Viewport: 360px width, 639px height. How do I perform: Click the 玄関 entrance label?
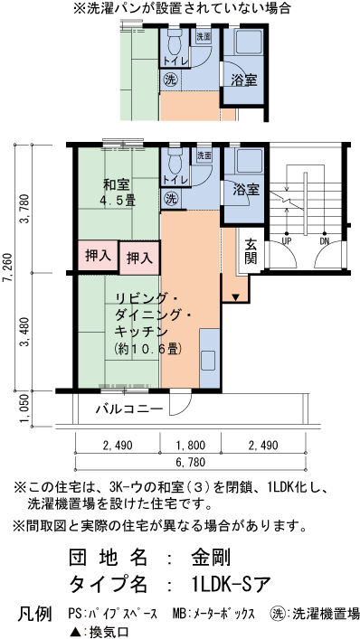251,251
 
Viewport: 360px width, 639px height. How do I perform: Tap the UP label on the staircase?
286,242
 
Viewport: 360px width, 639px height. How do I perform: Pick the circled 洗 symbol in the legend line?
277,614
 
